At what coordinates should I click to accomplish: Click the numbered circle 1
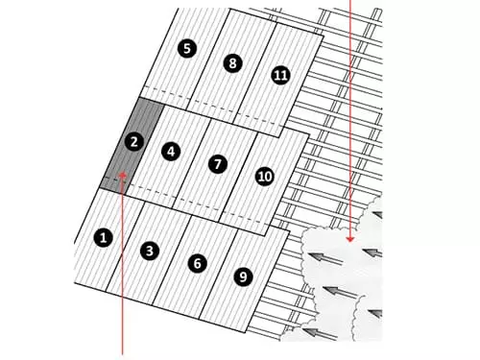[103, 238]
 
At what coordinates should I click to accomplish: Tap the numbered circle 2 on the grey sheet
[133, 141]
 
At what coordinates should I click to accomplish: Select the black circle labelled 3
[150, 251]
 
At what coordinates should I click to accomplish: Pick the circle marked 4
[171, 152]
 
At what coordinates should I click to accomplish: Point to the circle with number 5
[187, 48]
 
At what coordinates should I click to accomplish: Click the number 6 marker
[197, 263]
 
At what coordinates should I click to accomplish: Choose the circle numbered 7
[218, 164]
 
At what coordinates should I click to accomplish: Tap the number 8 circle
[232, 62]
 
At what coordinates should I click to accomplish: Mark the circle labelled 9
[244, 276]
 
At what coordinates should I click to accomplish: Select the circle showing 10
[265, 177]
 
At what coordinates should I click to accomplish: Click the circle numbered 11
[280, 75]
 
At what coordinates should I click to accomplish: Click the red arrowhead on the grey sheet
[123, 175]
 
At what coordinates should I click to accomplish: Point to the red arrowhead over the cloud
[350, 239]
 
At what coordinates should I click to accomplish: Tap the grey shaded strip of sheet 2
[132, 147]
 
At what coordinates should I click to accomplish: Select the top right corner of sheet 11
[324, 36]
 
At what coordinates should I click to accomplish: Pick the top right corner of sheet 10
[309, 134]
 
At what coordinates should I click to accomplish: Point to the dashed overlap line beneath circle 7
[198, 204]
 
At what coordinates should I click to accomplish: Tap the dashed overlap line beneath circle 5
[166, 93]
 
